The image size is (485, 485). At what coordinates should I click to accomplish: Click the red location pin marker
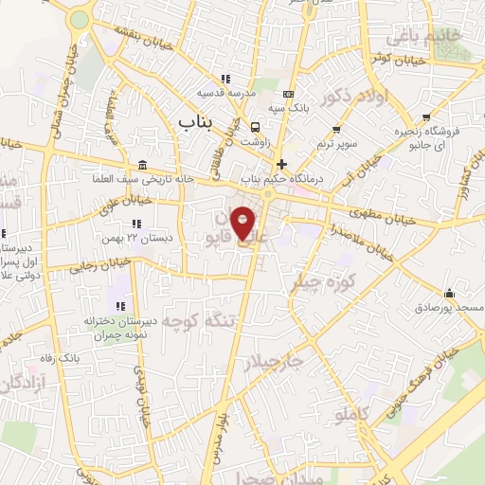pos(243,222)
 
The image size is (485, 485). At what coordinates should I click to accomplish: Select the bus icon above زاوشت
pos(255,127)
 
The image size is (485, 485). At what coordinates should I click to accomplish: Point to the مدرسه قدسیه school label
pos(224,93)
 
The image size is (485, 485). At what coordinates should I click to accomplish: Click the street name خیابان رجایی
pos(96,265)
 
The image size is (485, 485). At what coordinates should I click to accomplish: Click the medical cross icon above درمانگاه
pos(281,164)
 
